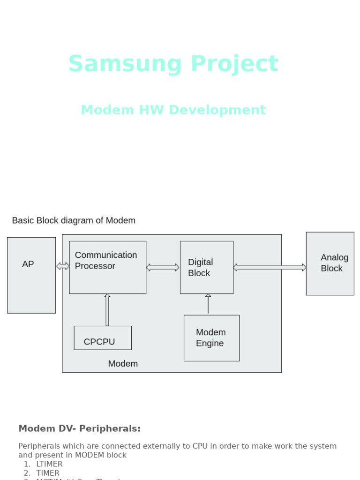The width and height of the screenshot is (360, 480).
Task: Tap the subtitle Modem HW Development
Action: (x=173, y=110)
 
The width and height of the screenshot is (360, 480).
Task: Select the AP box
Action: (x=31, y=275)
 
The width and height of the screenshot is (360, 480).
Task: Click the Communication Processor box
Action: (x=107, y=267)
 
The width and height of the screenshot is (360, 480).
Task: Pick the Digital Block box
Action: (x=206, y=267)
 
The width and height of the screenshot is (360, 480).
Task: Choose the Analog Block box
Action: (x=330, y=263)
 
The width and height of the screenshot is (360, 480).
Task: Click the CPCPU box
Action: (x=103, y=338)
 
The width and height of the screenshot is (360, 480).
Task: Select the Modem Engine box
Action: (x=211, y=338)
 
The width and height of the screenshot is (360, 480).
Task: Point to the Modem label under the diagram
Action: (x=123, y=364)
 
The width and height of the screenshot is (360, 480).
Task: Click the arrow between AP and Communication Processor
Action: (x=62, y=266)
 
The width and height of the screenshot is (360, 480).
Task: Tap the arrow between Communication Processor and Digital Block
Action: (x=163, y=267)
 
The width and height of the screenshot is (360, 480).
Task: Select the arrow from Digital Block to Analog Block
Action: (x=270, y=267)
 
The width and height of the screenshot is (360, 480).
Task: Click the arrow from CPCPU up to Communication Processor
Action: (x=107, y=310)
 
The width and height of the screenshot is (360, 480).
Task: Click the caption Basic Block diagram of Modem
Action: (x=74, y=220)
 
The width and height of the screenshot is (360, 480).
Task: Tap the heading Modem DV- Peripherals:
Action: (x=79, y=428)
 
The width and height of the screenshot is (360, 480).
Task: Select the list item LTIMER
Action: (x=49, y=464)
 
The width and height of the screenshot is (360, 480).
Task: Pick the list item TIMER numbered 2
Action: (x=48, y=473)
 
